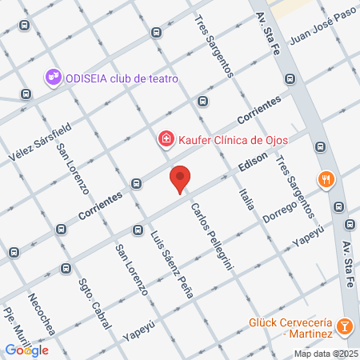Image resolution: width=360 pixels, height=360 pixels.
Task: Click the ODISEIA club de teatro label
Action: click(x=121, y=78)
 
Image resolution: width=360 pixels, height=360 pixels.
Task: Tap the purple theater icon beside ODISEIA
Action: click(x=53, y=78)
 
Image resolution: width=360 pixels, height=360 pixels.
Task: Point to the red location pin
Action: click(x=181, y=178)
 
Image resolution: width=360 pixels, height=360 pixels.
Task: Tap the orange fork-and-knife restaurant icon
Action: click(x=325, y=179)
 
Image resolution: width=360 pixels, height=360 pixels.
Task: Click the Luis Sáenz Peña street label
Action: click(x=171, y=263)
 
